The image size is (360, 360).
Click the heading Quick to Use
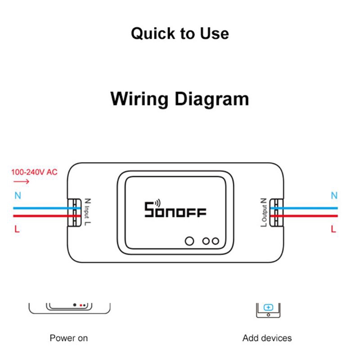[x=180, y=34]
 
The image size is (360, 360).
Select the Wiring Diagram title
[x=180, y=98]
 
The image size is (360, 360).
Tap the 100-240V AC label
[x=34, y=172]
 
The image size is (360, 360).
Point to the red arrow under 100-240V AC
[x=21, y=182]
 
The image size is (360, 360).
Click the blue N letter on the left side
[x=18, y=196]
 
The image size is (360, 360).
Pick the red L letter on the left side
[x=17, y=229]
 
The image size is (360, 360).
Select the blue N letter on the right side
[x=334, y=196]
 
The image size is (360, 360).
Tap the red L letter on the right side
[x=333, y=229]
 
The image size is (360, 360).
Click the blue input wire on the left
[x=40, y=208]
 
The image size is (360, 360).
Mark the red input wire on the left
[x=40, y=216]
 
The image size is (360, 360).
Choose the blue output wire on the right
[x=310, y=208]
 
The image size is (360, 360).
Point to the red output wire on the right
[x=310, y=216]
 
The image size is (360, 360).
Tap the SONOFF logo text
[x=175, y=210]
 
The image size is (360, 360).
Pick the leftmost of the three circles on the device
[x=190, y=241]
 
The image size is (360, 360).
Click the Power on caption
[x=69, y=338]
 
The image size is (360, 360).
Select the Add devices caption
[x=267, y=338]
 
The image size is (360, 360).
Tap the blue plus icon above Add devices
[x=268, y=308]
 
